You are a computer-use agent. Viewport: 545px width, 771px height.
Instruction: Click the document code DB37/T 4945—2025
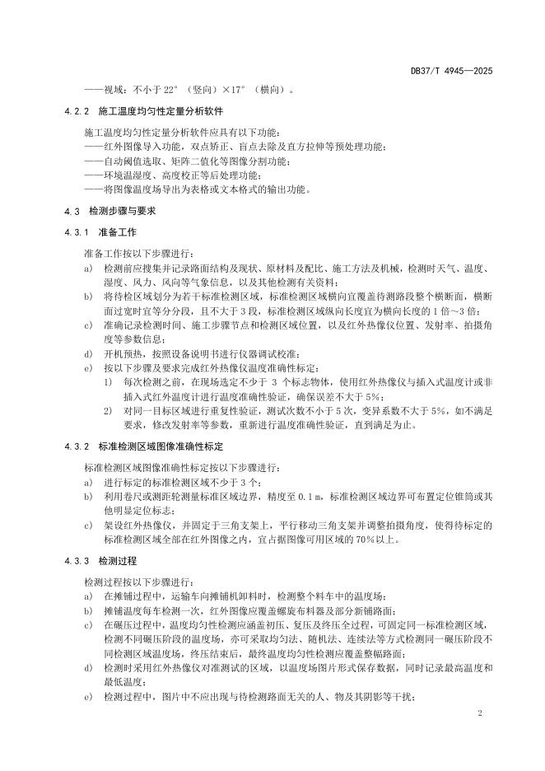click(x=451, y=72)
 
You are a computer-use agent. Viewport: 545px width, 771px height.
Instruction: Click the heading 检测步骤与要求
click(x=122, y=211)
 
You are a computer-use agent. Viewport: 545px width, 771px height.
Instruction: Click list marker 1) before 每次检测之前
click(x=108, y=382)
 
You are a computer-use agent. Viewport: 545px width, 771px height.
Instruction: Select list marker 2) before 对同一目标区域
click(x=108, y=411)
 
